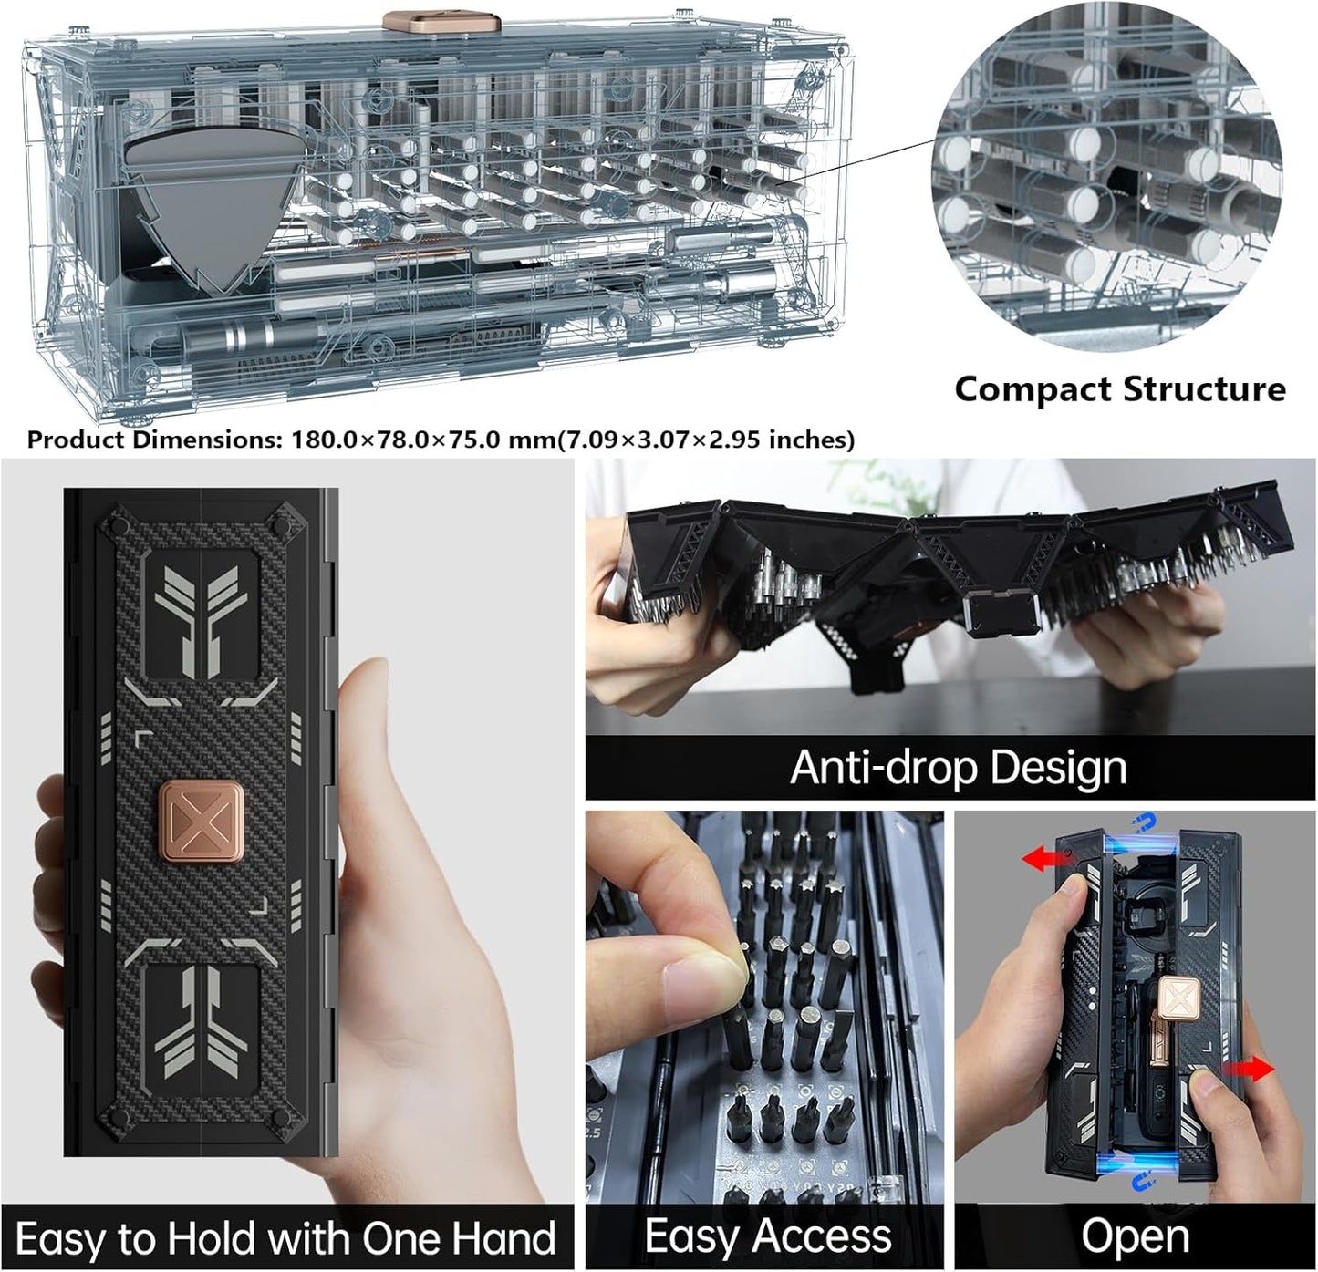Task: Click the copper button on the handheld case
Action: coord(200,822)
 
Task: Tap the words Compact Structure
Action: coord(1119,389)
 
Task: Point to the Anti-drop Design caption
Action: coord(958,768)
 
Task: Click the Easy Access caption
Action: coord(767,1237)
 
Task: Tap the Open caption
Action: coord(1135,1237)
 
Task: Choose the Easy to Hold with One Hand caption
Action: coord(285,1239)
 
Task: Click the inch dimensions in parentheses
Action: coord(705,440)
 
